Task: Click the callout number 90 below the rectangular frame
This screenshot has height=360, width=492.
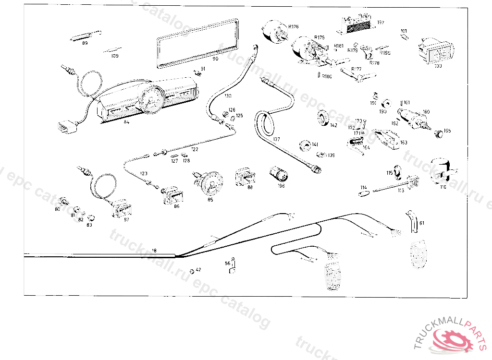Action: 215,59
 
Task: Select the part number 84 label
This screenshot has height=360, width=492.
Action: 126,122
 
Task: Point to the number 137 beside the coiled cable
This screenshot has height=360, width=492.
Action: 276,139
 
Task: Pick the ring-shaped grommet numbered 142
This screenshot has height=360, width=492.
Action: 322,118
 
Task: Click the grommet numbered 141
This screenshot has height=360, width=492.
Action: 304,144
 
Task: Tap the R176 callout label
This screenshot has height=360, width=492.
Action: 294,26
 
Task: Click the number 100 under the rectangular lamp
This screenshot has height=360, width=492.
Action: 438,66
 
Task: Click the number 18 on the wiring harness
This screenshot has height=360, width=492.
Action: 154,251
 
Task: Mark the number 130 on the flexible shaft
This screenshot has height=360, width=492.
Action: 228,96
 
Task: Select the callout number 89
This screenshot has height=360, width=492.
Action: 85,43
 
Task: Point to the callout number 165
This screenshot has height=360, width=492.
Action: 447,131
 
